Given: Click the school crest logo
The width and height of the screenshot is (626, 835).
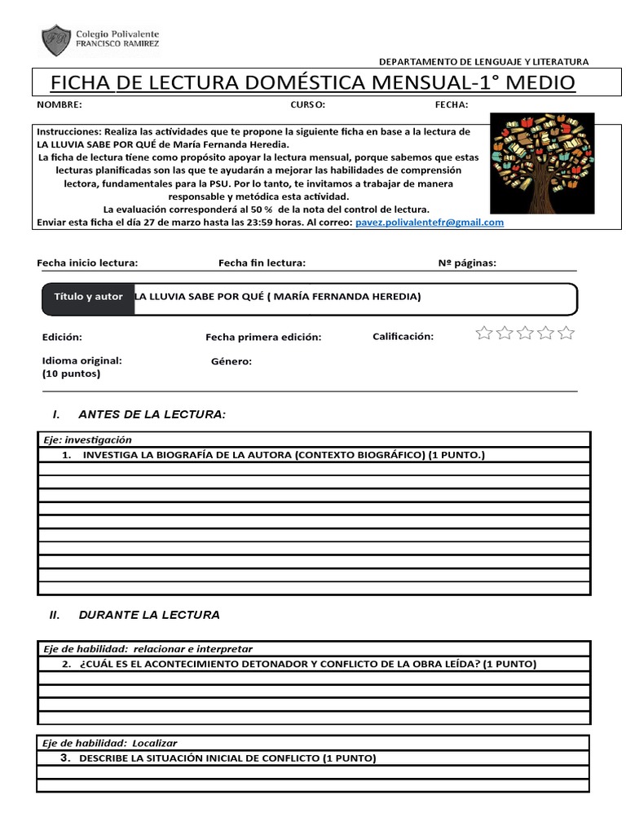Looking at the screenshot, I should coord(55,41).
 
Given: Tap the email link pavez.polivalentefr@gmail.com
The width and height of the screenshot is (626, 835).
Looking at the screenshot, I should coord(430,222).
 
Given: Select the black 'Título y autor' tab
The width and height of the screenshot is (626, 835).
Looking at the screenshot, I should coord(88,297).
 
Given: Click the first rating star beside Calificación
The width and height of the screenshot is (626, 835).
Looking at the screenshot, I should coord(484,333).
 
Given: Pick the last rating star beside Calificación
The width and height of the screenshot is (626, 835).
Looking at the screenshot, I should coord(566,333).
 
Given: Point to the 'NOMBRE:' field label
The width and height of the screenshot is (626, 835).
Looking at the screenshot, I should coord(59,105).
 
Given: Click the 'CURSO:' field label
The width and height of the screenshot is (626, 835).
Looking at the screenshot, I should coord(308,105).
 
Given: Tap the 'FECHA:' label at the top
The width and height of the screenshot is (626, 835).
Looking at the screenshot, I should coord(452,105).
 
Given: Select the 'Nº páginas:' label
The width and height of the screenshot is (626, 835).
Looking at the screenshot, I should coord(467,263).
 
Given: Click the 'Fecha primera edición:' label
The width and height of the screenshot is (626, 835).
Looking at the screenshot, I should coord(263,337).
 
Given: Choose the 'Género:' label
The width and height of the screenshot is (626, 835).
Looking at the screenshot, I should coord(231,361).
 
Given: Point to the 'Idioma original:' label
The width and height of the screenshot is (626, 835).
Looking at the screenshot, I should coord(82,360).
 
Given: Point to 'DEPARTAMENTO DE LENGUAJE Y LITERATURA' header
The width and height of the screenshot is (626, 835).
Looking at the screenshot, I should coord(484,62).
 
